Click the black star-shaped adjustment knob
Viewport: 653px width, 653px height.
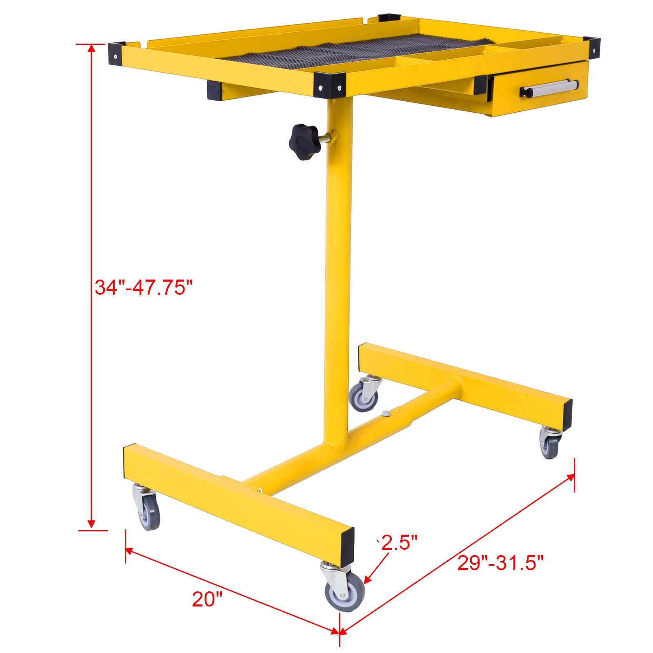click(304, 142)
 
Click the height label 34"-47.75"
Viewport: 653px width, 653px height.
click(143, 287)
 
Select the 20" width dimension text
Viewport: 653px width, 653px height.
click(208, 599)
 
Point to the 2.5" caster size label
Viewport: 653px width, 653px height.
click(399, 542)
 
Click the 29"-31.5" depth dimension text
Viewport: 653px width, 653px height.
click(500, 563)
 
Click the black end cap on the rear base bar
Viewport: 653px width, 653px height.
click(567, 415)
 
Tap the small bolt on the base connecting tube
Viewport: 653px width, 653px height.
click(386, 414)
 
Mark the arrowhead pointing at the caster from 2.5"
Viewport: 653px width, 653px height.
click(366, 581)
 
